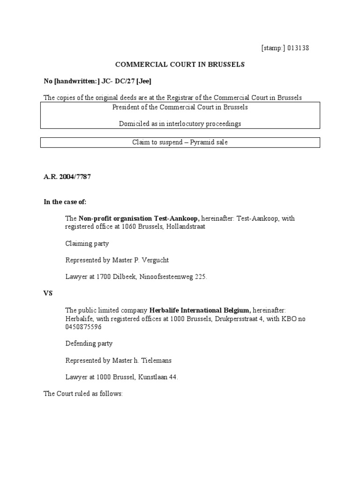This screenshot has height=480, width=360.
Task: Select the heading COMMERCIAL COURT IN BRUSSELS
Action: tap(180, 64)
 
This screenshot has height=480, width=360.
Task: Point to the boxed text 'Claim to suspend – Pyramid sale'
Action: tap(180, 142)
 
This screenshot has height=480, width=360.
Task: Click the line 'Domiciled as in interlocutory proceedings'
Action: tap(180, 123)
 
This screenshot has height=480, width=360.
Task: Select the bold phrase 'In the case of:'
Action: tap(65, 202)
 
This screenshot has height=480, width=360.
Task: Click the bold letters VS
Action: tap(48, 293)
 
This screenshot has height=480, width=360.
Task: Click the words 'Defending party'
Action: tap(89, 344)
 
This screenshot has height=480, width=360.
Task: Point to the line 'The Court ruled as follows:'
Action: tap(83, 394)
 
